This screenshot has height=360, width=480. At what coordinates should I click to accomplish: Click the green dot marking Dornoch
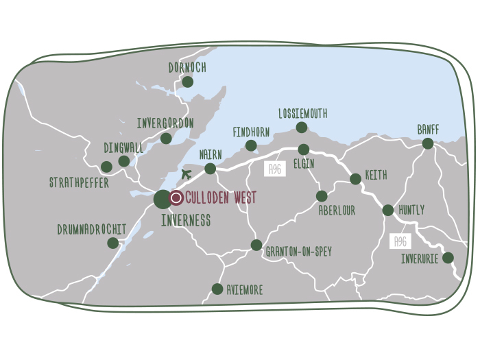pos(187,82)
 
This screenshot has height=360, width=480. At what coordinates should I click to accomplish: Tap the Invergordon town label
pos(165,123)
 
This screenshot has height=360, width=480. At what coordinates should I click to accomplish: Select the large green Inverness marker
pos(163,200)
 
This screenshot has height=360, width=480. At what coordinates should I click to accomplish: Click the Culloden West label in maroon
pos(221,198)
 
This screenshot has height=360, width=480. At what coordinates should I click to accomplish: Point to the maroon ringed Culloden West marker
pos(176,198)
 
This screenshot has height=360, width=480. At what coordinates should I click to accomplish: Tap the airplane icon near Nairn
pos(186,173)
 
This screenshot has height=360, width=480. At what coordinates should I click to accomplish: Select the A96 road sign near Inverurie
pos(400,241)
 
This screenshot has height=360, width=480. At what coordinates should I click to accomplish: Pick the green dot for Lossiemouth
pos(302,128)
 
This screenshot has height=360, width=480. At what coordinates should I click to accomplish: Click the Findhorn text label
pos(251,132)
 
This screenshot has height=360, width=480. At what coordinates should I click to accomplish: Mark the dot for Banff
pos(428,143)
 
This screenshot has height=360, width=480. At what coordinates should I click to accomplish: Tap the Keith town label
pos(376,176)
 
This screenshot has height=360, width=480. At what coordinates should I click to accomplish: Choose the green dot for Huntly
pos(388,211)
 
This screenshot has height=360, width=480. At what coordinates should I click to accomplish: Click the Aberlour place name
pos(337,211)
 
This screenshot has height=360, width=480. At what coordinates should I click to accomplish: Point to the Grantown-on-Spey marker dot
pos(256,245)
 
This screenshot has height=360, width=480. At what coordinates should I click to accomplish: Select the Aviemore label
pos(244,290)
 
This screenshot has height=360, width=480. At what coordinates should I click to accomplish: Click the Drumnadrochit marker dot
pos(112,243)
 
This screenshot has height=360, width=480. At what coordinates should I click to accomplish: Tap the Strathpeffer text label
pos(79,183)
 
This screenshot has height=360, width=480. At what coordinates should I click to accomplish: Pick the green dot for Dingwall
pos(124,161)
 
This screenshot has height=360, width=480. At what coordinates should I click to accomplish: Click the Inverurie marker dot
pos(448,258)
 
